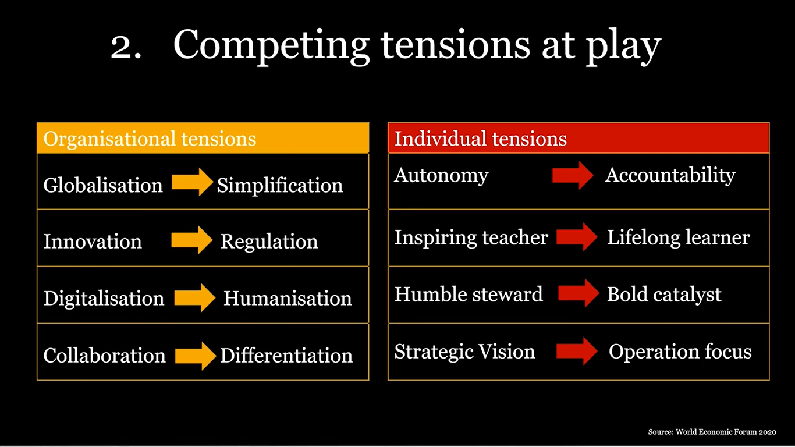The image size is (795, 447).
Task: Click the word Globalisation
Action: tap(103, 185)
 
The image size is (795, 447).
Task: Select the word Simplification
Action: tap(279, 185)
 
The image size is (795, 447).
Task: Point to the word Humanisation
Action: tap(288, 299)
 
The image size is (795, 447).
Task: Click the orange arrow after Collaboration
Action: tap(196, 355)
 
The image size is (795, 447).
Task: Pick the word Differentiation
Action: tap(286, 355)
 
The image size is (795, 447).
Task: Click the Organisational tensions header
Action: tap(150, 139)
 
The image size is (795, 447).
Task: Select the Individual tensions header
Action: tap(480, 139)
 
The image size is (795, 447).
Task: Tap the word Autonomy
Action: tap(441, 175)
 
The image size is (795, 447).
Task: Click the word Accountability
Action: tap(670, 175)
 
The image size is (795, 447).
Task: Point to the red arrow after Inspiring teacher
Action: tap(577, 237)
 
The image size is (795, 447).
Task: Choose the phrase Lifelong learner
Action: tap(678, 237)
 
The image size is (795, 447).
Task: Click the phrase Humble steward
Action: tap(469, 294)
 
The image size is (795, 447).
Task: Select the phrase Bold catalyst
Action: tap(664, 294)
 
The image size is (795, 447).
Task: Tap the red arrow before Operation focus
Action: tap(577, 351)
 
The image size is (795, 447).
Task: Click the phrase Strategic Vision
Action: tap(464, 352)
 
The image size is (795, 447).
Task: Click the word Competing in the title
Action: tap(271, 45)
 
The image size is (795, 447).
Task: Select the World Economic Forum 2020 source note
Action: tap(712, 432)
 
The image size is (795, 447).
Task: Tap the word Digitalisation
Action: tap(104, 299)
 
